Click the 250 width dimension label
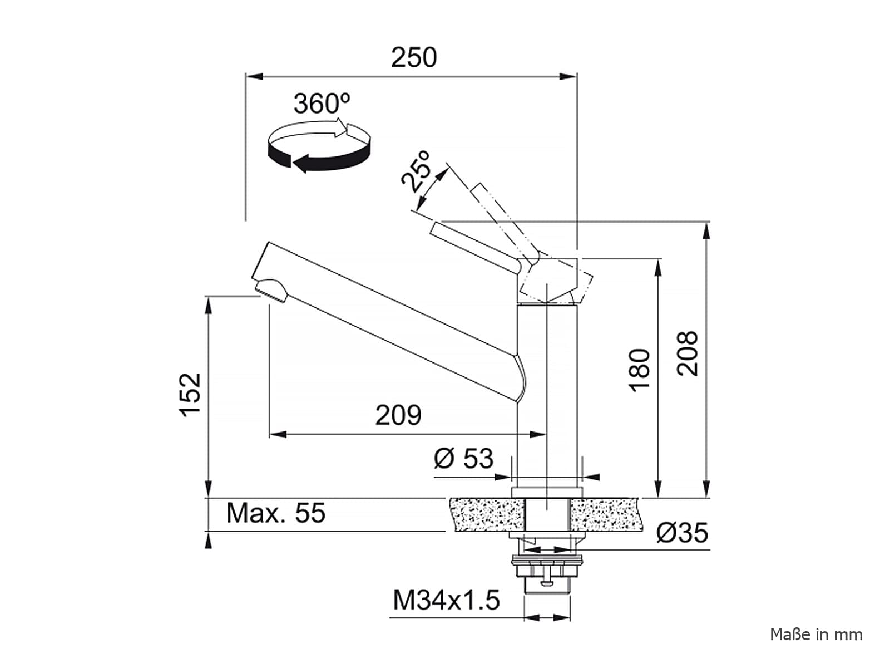[x=414, y=57]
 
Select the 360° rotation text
[x=322, y=104]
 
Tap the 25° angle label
[x=416, y=171]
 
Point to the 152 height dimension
[x=190, y=395]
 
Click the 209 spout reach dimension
[x=398, y=415]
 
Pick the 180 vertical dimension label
[x=640, y=370]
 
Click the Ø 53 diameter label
[x=463, y=459]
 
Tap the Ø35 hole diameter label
[x=682, y=533]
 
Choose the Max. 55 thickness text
[x=276, y=513]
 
